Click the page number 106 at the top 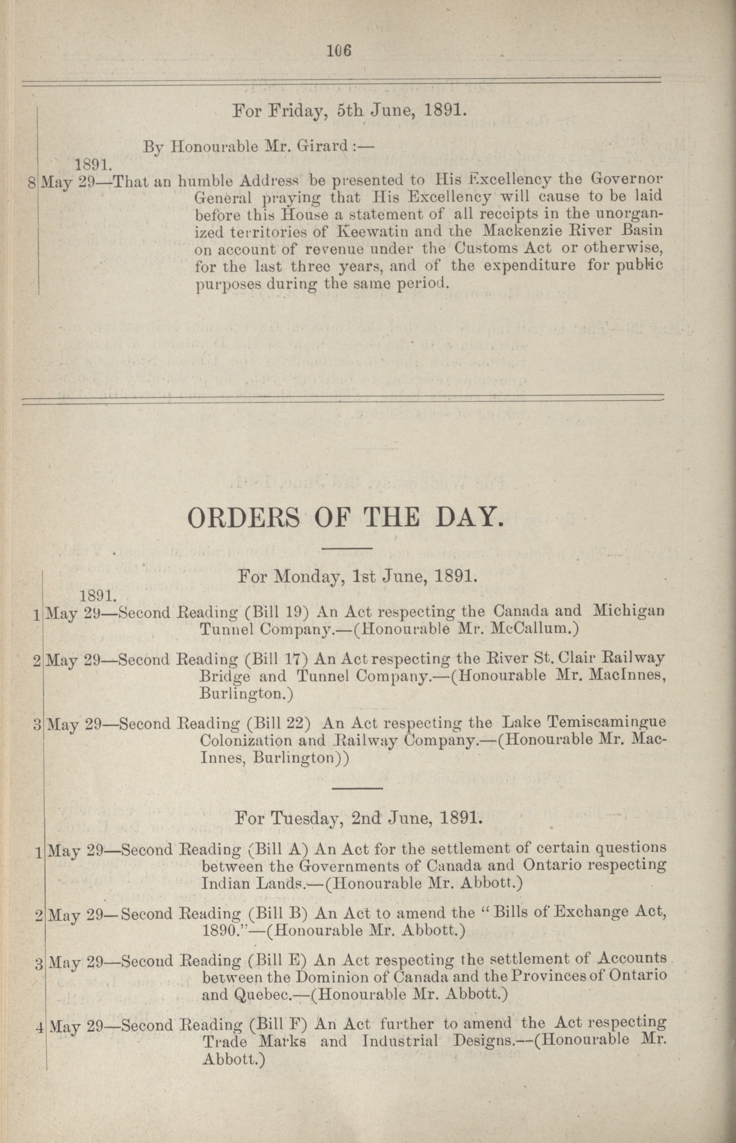coord(339,50)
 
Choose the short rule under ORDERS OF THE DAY coord(347,548)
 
